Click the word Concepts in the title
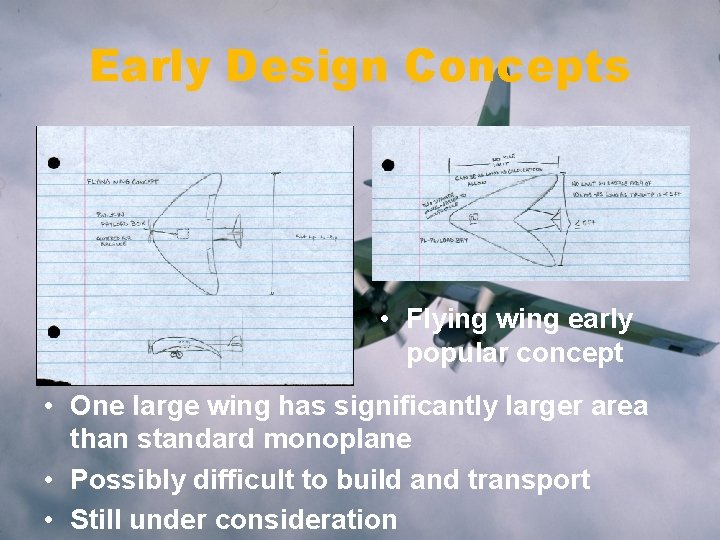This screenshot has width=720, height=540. point(518,68)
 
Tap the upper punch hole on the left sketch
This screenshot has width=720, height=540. point(53,163)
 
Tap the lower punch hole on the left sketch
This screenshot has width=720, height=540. point(53,332)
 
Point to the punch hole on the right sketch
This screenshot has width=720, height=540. point(388,165)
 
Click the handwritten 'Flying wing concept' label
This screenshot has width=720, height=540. point(123,182)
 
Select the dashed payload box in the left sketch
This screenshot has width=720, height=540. point(183,234)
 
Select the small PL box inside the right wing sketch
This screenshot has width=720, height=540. point(474,216)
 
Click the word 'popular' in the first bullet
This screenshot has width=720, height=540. point(452,353)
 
